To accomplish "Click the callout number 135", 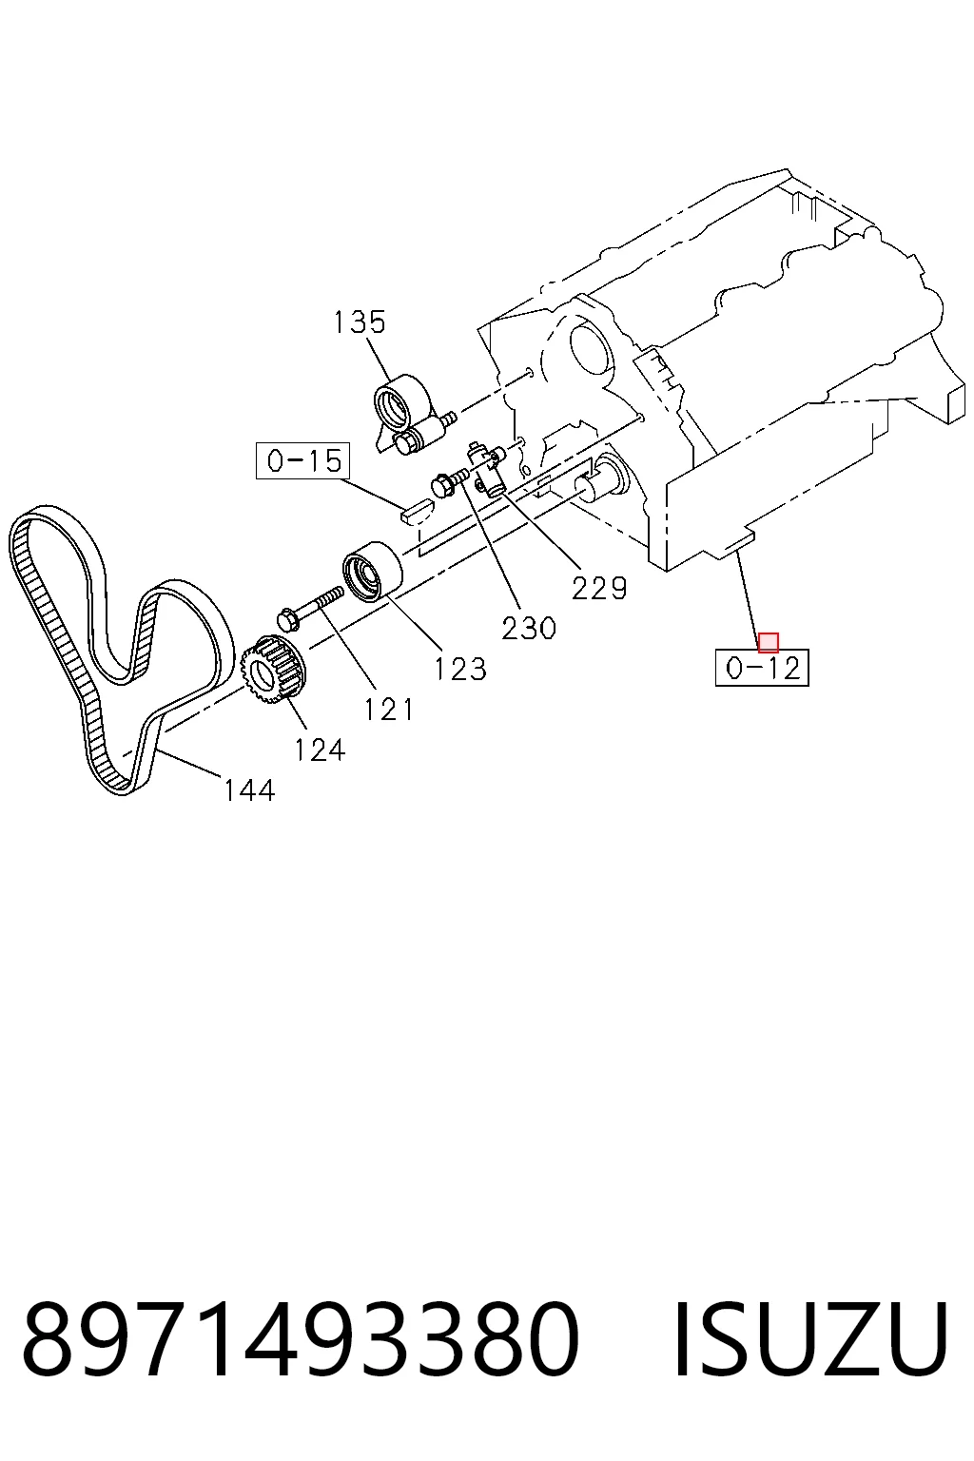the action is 360,322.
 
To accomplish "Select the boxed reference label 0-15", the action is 302,460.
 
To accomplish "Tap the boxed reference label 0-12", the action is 762,668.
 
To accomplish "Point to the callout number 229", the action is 599,589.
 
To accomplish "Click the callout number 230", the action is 529,628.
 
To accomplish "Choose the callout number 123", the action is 460,670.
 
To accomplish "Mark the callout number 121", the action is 389,710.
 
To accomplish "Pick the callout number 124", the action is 320,750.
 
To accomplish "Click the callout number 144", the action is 250,790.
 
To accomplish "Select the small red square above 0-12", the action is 768,642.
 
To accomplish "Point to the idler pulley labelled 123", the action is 373,573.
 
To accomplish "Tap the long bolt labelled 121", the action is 310,605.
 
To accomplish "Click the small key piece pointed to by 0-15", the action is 416,510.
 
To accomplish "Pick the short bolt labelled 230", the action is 449,482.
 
